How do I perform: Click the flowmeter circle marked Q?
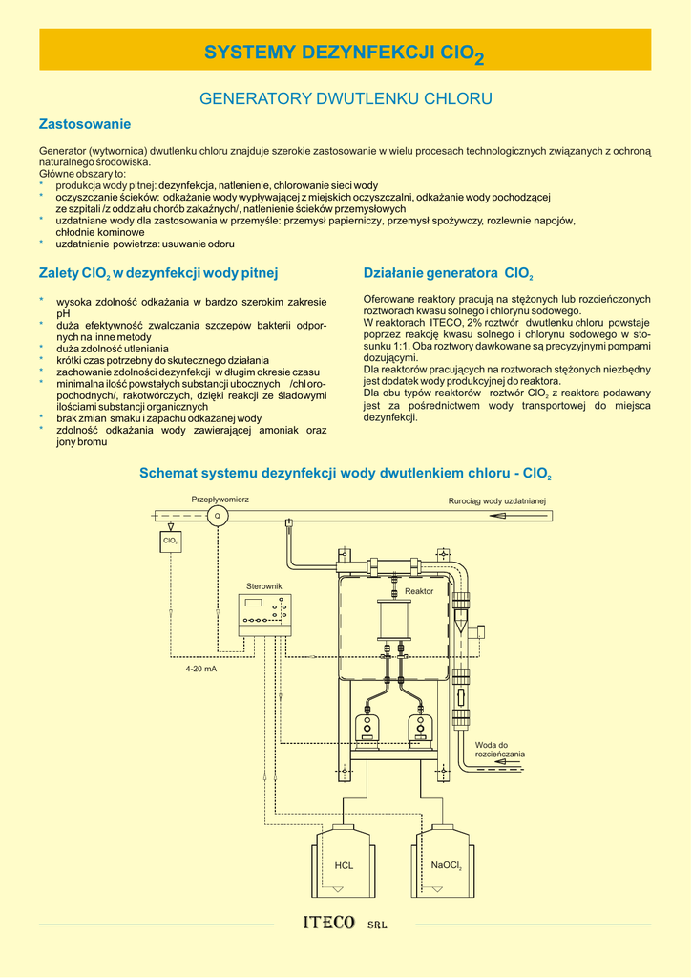pyautogui.click(x=217, y=516)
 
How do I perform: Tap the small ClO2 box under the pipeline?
pyautogui.click(x=171, y=542)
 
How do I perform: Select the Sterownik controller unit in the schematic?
pyautogui.click(x=265, y=614)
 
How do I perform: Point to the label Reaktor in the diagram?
pyautogui.click(x=419, y=592)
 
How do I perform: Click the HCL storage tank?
pyautogui.click(x=344, y=862)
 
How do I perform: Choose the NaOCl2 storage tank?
pyautogui.click(x=446, y=862)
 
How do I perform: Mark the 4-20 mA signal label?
pyautogui.click(x=201, y=669)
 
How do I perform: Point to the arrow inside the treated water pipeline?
pyautogui.click(x=507, y=516)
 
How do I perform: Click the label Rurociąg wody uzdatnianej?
pyautogui.click(x=496, y=500)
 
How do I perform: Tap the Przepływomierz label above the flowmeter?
pyautogui.click(x=220, y=499)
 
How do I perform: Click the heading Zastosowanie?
pyautogui.click(x=84, y=124)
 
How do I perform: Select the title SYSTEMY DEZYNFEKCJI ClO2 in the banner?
pyautogui.click(x=346, y=53)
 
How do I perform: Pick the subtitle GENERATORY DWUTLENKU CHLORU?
pyautogui.click(x=346, y=98)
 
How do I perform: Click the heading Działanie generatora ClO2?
pyautogui.click(x=449, y=273)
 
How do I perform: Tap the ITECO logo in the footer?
pyautogui.click(x=329, y=924)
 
